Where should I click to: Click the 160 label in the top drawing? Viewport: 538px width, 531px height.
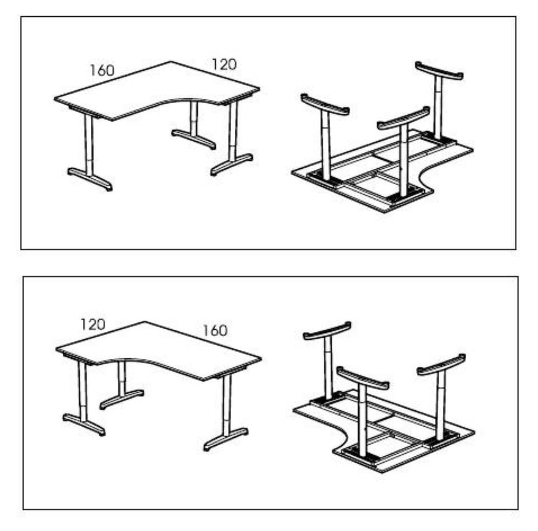pyautogui.click(x=102, y=70)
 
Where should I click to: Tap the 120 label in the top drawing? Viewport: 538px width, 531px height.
pyautogui.click(x=224, y=64)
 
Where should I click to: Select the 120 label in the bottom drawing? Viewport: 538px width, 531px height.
pyautogui.click(x=92, y=324)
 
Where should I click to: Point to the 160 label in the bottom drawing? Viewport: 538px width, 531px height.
pyautogui.click(x=215, y=331)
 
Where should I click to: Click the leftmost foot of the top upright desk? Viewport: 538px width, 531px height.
pyautogui.click(x=90, y=179)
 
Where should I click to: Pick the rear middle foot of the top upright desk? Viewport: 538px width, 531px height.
pyautogui.click(x=194, y=138)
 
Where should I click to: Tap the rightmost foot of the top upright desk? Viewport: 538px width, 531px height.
pyautogui.click(x=232, y=164)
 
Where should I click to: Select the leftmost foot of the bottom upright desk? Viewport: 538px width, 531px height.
pyautogui.click(x=84, y=424)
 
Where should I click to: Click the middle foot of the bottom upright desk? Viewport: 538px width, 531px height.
pyautogui.click(x=122, y=399)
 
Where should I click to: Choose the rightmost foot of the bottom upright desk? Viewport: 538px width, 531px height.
pyautogui.click(x=226, y=439)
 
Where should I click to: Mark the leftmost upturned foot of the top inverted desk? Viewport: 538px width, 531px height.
pyautogui.click(x=325, y=104)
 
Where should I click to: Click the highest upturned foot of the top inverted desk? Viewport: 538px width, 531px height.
pyautogui.click(x=439, y=71)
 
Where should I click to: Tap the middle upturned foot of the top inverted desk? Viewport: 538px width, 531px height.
pyautogui.click(x=403, y=118)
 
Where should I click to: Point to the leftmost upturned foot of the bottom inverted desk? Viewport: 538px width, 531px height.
pyautogui.click(x=327, y=330)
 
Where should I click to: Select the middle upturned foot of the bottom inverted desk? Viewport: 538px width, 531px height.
pyautogui.click(x=363, y=378)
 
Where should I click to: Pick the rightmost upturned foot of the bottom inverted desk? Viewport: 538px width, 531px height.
pyautogui.click(x=441, y=364)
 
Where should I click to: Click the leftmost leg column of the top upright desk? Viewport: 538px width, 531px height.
pyautogui.click(x=89, y=145)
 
